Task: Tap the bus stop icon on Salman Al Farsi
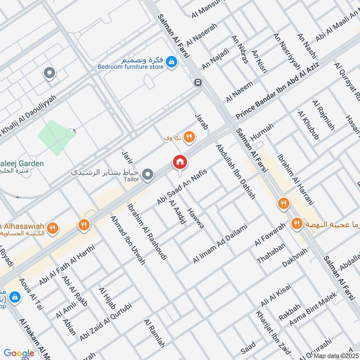coord(198,82)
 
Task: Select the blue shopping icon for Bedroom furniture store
coord(171,62)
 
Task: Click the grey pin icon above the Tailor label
coord(148,174)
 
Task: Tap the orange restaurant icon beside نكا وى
coord(190,137)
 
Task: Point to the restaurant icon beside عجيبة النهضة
coord(296,223)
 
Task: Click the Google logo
coord(19,353)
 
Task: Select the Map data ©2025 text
coord(335,355)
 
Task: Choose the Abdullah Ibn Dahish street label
coord(235,171)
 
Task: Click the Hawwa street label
coord(196,218)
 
